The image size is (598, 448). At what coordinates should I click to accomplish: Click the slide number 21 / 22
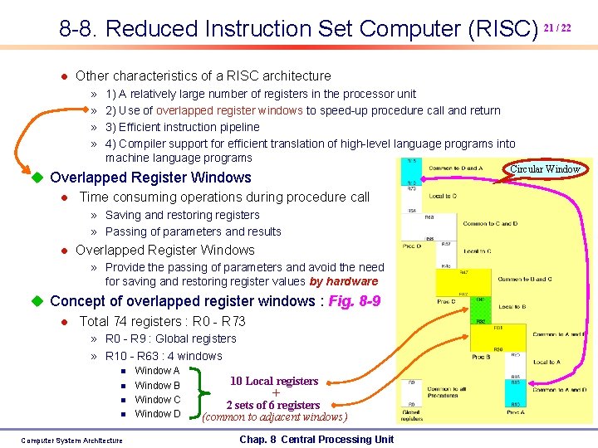(x=556, y=27)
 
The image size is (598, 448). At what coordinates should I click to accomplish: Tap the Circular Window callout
(x=545, y=169)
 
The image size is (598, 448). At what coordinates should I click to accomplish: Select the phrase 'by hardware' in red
(x=343, y=281)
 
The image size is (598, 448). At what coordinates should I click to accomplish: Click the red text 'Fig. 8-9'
(x=355, y=301)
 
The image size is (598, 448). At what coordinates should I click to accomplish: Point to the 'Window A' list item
(x=157, y=371)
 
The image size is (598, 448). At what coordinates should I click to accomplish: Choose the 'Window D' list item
(x=157, y=413)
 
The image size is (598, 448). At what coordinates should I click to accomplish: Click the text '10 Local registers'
(x=274, y=381)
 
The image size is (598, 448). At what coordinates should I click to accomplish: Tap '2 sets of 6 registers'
(x=273, y=405)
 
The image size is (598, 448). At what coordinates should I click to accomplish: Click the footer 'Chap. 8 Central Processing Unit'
(x=316, y=439)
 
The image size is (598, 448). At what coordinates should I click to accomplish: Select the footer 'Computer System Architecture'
(x=71, y=441)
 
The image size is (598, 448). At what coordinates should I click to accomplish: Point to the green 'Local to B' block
(x=511, y=307)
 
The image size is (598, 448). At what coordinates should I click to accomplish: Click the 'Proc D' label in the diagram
(x=412, y=246)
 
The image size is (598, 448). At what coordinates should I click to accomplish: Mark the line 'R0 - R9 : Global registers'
(x=170, y=338)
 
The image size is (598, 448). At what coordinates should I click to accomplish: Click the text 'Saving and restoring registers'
(x=182, y=215)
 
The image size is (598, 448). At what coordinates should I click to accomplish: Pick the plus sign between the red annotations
(x=275, y=393)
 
